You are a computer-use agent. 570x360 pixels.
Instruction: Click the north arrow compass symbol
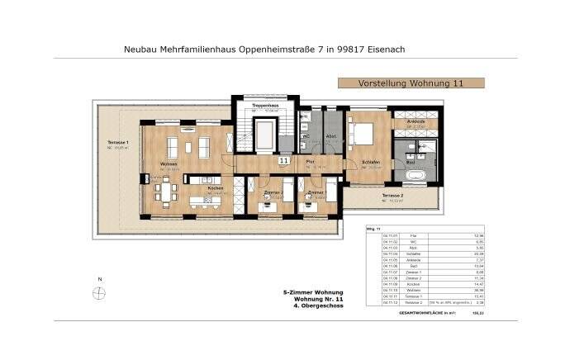99,292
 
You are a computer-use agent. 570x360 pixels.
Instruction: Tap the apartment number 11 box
284,161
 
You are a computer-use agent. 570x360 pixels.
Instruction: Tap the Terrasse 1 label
119,143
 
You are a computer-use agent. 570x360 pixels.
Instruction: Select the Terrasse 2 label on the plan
392,196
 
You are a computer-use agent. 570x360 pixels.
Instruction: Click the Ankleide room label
416,121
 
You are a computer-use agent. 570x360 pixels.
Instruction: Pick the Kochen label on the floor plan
215,188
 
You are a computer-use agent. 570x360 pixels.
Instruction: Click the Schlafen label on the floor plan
369,162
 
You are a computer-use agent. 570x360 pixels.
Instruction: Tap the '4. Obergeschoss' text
316,306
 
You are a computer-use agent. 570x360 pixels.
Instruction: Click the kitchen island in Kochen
206,201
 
